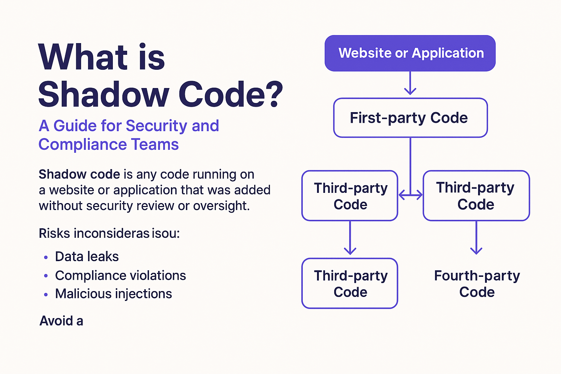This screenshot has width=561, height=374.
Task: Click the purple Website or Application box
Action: click(410, 53)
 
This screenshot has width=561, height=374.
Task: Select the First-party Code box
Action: click(410, 118)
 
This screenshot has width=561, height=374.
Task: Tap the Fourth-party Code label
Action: click(477, 284)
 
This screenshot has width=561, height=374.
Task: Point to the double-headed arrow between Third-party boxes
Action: click(410, 195)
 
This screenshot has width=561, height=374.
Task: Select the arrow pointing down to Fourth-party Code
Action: click(476, 238)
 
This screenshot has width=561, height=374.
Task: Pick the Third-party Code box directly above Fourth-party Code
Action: click(476, 196)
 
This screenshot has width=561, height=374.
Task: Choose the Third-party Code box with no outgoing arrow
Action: click(350, 284)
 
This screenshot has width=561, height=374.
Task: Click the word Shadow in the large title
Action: click(103, 94)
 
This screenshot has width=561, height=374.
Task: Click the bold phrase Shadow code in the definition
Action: click(79, 175)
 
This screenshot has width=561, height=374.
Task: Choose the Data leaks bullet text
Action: click(87, 257)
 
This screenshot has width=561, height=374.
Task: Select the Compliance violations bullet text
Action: click(121, 275)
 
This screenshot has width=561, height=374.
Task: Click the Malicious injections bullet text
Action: click(114, 294)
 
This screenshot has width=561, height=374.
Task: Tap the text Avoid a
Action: click(61, 321)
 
